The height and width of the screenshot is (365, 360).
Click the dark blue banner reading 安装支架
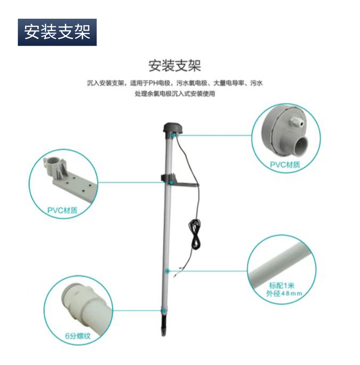[57, 32]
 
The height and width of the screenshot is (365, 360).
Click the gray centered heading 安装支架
[175, 66]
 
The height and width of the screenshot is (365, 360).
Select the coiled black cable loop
[195, 235]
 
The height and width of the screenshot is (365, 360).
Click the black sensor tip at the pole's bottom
[164, 325]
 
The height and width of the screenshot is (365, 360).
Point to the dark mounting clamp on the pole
[179, 181]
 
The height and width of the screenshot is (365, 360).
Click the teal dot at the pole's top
[173, 135]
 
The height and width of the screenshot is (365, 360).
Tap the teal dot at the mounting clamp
[171, 182]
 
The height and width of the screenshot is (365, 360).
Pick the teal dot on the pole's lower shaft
[167, 271]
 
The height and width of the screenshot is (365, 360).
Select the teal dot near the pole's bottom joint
[164, 311]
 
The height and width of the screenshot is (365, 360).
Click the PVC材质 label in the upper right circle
[285, 165]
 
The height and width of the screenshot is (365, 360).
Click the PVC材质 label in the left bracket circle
[62, 210]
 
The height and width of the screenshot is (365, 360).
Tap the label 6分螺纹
[78, 336]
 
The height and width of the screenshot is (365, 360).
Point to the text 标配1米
[282, 286]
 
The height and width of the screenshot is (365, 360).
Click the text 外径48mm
[284, 293]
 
